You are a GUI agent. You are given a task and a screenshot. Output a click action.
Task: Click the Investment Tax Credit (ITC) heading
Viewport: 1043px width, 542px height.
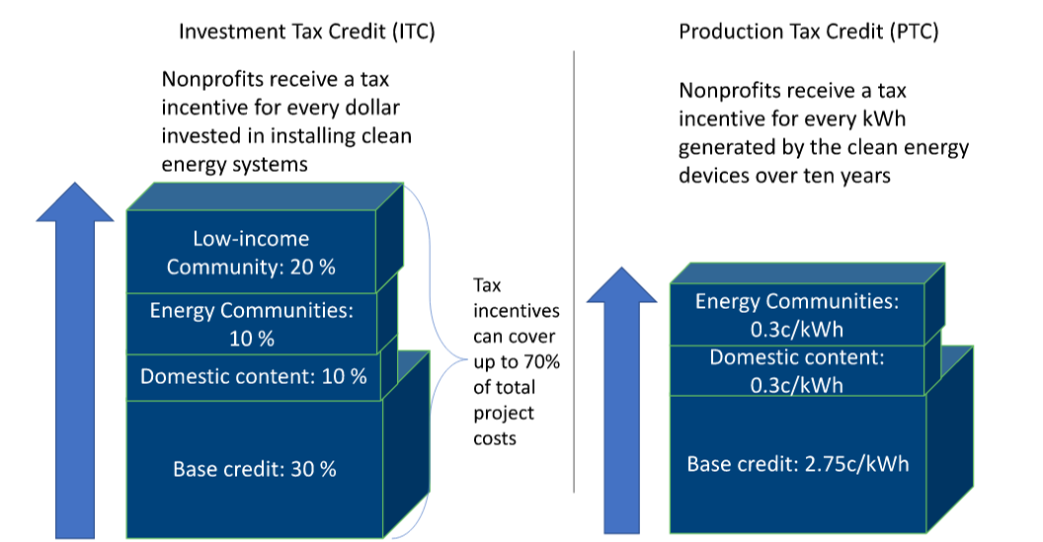(x=306, y=32)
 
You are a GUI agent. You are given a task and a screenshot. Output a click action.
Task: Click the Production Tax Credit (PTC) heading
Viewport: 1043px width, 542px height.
(x=808, y=32)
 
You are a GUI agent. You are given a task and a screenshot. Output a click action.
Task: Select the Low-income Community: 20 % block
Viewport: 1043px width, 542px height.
(x=252, y=252)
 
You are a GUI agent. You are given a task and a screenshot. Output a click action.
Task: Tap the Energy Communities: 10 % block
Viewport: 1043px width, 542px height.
(x=252, y=324)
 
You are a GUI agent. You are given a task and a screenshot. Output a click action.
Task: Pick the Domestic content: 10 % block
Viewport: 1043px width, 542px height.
(x=253, y=377)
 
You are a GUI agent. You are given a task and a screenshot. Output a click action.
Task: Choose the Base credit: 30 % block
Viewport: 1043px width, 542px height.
(x=255, y=469)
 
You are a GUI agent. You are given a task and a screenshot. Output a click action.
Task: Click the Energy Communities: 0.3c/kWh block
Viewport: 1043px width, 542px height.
(x=797, y=314)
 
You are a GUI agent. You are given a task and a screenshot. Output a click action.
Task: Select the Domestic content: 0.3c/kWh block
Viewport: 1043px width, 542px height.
(x=797, y=370)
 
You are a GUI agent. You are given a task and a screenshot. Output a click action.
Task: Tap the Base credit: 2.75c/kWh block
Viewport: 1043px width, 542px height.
(x=797, y=464)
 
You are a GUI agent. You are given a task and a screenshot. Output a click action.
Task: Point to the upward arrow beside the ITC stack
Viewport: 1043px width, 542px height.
(x=75, y=360)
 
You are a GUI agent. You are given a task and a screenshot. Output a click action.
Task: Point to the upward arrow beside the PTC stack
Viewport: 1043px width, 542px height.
(x=621, y=401)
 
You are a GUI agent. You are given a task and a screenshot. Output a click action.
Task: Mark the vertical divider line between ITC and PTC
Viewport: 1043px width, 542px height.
(x=574, y=271)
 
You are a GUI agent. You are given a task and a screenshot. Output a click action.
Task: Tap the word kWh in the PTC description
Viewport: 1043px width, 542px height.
(x=884, y=118)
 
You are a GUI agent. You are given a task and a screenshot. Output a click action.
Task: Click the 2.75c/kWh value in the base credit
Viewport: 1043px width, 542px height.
(x=856, y=464)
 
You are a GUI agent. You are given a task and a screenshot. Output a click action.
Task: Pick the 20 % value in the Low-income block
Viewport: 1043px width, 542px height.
(x=313, y=267)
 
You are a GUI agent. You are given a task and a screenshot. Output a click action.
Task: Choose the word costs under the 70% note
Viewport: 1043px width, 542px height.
(x=495, y=439)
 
